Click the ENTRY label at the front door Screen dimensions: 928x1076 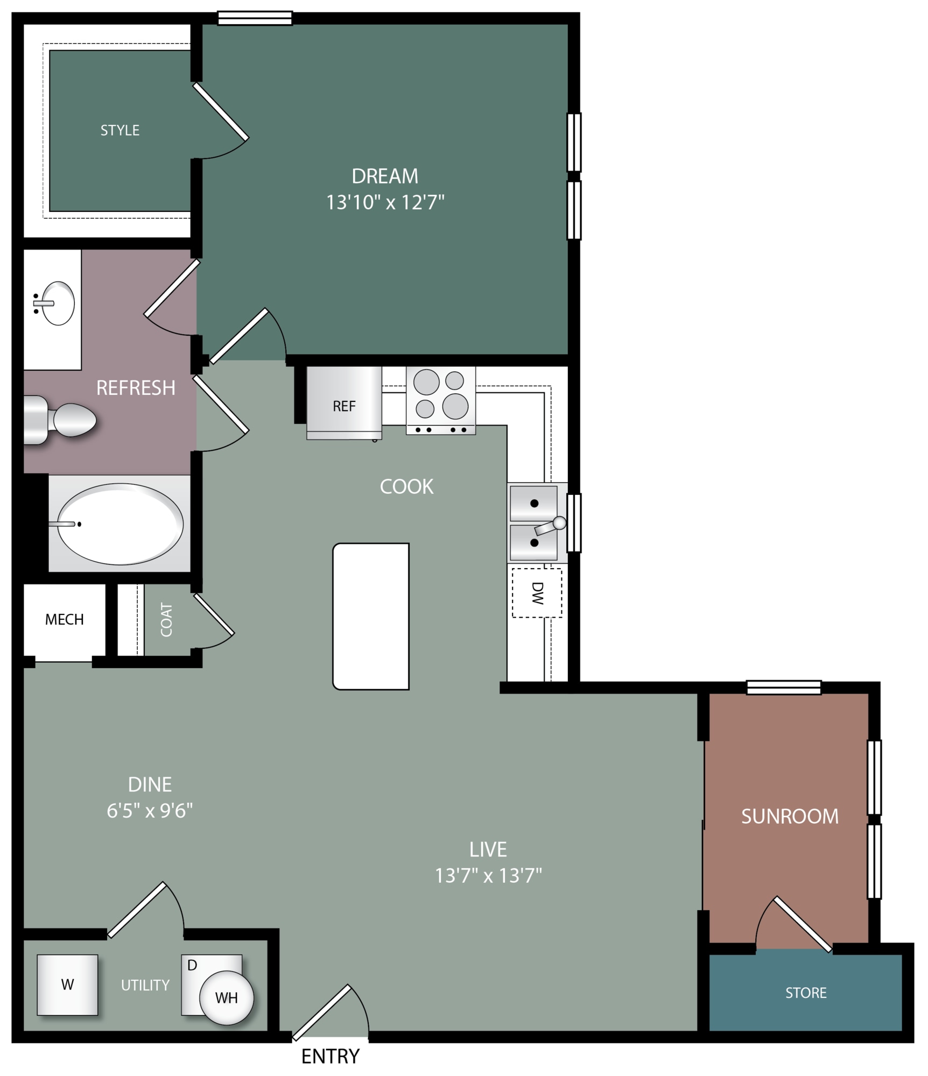[330, 1057]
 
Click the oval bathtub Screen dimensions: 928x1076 [120, 524]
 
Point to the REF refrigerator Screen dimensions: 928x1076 [344, 403]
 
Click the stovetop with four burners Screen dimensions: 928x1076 [441, 400]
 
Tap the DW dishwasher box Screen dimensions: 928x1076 [537, 593]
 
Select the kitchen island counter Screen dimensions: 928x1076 [371, 617]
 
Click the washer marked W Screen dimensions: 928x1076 [67, 985]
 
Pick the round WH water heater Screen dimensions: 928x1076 [226, 998]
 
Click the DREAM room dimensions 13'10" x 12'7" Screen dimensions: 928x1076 [385, 202]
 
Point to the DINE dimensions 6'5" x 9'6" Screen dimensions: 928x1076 [150, 810]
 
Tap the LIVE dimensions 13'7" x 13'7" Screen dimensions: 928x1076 [488, 875]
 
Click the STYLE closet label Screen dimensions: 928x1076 [120, 130]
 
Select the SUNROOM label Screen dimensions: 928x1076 [790, 817]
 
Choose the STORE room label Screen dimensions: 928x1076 [806, 993]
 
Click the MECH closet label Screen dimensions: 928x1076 [65, 619]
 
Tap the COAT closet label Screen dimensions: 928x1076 [166, 620]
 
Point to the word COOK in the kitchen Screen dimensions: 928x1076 [406, 486]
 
